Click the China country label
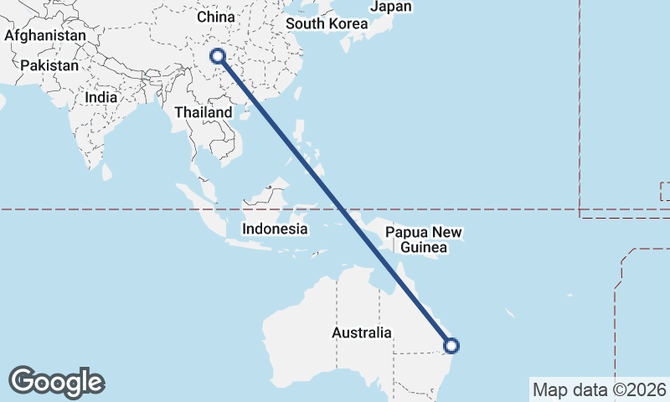(215, 17)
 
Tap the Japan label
(391, 7)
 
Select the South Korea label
(327, 23)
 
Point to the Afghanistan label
(45, 36)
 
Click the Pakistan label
(50, 65)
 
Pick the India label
(101, 97)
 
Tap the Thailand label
(204, 112)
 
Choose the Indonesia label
(275, 229)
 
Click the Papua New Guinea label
(424, 240)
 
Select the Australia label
(361, 332)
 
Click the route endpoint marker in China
(218, 56)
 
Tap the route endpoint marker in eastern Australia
(451, 345)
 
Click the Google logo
(57, 382)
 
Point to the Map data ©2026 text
(600, 389)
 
